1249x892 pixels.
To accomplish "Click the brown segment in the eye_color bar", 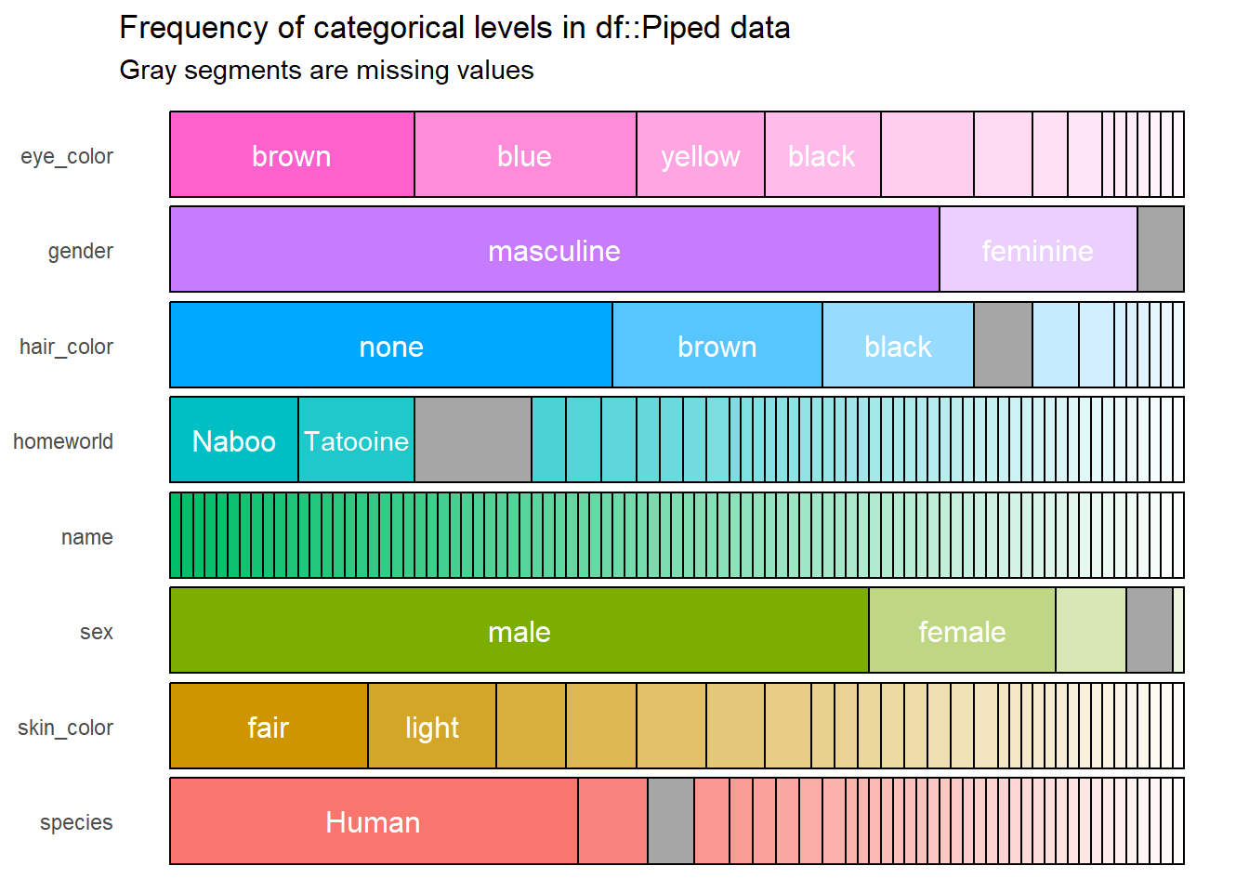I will (292, 155).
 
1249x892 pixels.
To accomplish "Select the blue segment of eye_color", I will (525, 155).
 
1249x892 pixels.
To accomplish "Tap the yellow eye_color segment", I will (701, 155).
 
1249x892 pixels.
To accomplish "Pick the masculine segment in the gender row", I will (554, 250).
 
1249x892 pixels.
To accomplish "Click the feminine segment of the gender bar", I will (1038, 250).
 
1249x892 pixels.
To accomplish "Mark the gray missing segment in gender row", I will (1161, 250).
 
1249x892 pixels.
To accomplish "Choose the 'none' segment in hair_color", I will (391, 346).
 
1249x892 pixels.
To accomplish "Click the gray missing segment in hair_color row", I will (1003, 346).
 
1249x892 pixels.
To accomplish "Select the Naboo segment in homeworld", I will (234, 440).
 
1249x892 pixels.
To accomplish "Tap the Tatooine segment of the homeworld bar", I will (357, 440).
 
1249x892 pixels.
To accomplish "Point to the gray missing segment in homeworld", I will (473, 440).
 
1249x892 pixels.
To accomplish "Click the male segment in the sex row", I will (519, 631).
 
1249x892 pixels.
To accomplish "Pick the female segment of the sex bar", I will (962, 631).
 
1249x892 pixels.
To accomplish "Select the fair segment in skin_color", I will (269, 727).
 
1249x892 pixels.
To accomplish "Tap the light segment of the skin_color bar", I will (432, 727).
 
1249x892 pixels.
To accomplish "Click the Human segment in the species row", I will (374, 821).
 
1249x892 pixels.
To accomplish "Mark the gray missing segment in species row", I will (671, 821).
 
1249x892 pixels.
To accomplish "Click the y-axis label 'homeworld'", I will (63, 441).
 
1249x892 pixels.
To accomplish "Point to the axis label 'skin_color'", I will (65, 728).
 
